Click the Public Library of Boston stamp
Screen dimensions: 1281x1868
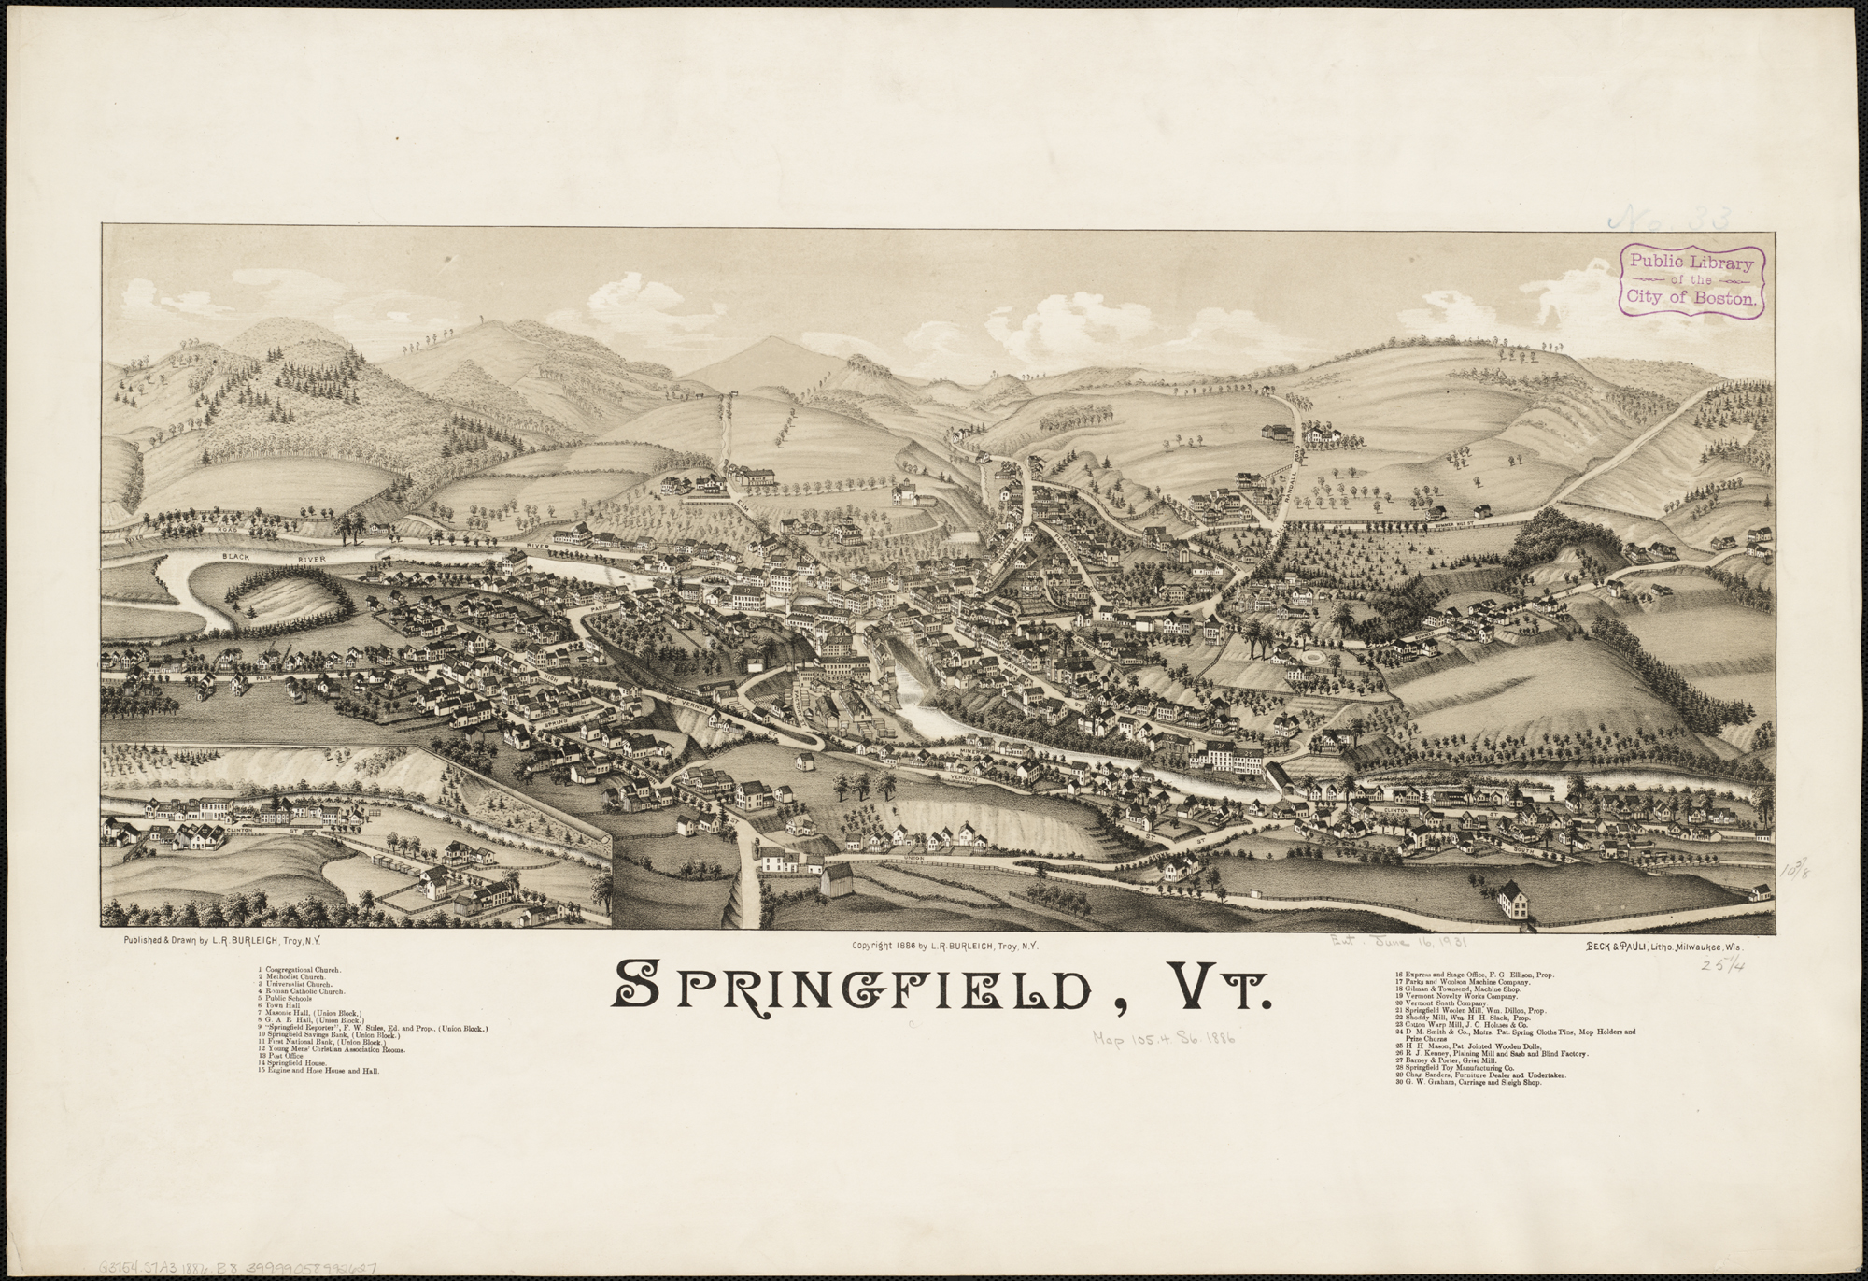tap(1691, 291)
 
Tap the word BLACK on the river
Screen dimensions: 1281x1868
tap(239, 556)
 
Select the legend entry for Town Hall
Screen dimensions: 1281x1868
tap(272, 1005)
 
